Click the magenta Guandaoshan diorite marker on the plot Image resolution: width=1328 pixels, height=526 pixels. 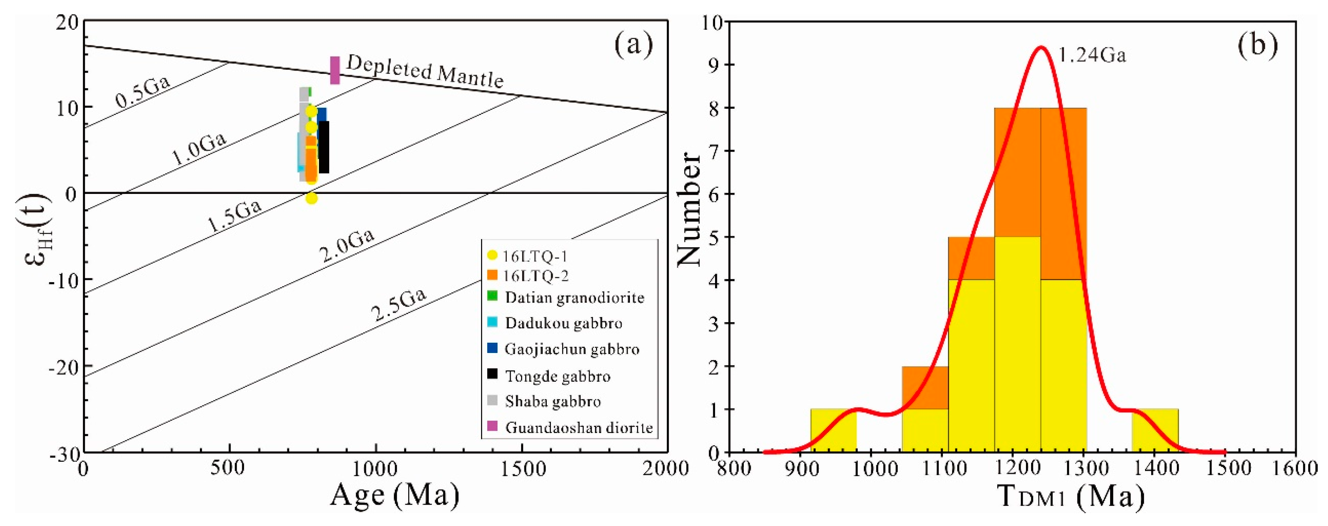pos(335,70)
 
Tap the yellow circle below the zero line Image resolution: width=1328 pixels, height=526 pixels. pos(311,198)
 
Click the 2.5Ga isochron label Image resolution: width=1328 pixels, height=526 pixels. pos(398,305)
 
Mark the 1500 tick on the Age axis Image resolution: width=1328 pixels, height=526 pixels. pos(522,469)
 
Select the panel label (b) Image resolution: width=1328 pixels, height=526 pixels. pos(1258,45)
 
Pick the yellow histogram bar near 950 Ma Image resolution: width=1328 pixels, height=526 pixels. pos(833,431)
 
